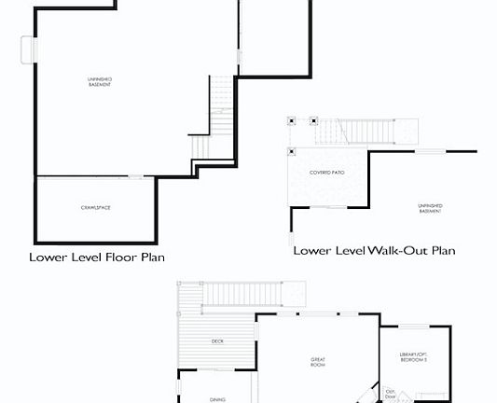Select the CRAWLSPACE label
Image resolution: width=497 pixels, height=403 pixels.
[95, 207]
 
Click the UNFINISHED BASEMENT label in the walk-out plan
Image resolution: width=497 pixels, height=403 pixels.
[430, 208]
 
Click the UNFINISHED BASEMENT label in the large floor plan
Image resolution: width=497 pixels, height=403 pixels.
[99, 83]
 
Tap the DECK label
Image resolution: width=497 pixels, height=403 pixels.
[217, 341]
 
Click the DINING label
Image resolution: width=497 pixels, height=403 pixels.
[217, 399]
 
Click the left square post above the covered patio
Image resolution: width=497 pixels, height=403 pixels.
[292, 120]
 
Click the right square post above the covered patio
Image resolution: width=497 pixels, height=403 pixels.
[313, 120]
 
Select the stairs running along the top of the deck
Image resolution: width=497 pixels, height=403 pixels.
[245, 295]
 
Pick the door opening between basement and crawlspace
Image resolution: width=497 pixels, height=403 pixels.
[137, 177]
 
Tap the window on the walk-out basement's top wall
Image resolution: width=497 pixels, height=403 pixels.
[430, 151]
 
